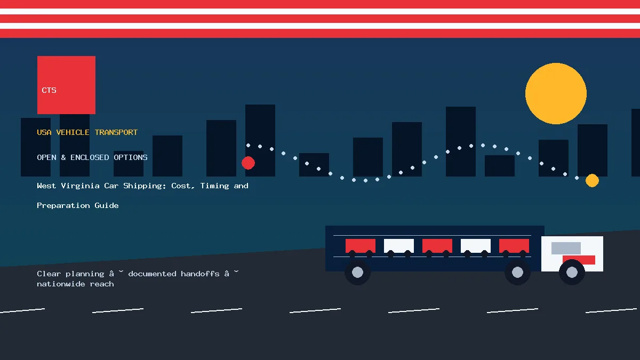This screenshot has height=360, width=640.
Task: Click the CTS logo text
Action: click(x=49, y=90)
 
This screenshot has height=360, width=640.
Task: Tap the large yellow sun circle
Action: click(x=556, y=94)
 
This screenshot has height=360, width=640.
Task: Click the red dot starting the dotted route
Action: click(x=248, y=163)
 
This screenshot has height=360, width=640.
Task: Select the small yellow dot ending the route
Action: click(x=592, y=181)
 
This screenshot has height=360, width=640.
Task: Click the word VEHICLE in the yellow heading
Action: click(x=73, y=132)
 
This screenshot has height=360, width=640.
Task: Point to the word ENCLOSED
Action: click(x=90, y=157)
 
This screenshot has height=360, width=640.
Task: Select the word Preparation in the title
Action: click(x=63, y=206)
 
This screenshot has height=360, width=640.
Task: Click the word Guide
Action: click(x=107, y=205)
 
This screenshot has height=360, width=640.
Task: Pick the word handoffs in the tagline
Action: click(x=200, y=274)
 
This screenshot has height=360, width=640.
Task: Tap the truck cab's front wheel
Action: click(x=572, y=273)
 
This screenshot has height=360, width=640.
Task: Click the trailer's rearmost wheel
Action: click(x=357, y=273)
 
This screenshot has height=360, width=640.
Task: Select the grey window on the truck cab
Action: click(x=566, y=248)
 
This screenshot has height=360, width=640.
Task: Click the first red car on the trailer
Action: click(x=361, y=246)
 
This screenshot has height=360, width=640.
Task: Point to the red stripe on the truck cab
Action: click(x=579, y=260)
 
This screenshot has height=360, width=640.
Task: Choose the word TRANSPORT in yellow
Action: click(x=116, y=132)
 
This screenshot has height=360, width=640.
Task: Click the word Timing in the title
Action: click(x=214, y=186)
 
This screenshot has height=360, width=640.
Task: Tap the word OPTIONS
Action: click(x=131, y=157)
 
